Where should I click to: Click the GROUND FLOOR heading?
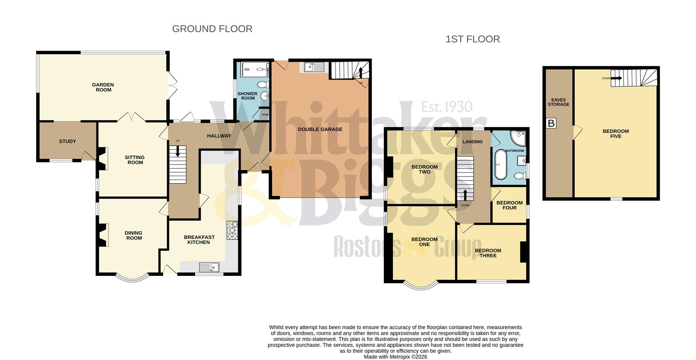(212, 29)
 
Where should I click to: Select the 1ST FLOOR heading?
(472, 39)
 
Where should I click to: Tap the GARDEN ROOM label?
(103, 87)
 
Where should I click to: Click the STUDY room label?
(67, 141)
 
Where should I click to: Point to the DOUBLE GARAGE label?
(320, 129)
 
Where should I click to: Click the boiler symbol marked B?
(551, 124)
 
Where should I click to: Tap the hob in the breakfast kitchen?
(232, 230)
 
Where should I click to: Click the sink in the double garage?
(314, 67)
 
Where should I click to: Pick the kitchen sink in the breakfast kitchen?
(209, 268)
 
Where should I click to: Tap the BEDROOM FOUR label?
(509, 205)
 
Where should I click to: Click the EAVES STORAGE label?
(558, 102)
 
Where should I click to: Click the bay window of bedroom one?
(420, 286)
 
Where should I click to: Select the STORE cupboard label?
(265, 115)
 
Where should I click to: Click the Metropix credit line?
(395, 357)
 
